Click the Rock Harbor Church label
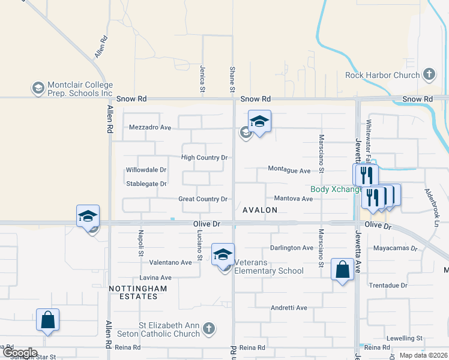[x=382, y=75]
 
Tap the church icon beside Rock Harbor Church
[x=429, y=74]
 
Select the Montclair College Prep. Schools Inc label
[x=73, y=89]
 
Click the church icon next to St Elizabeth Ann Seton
[x=208, y=328]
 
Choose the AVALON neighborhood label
[x=260, y=210]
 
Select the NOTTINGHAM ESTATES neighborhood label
[x=133, y=292]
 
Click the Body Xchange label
[x=336, y=189]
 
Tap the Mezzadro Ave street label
[x=150, y=127]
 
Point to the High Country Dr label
[x=205, y=158]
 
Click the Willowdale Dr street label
[x=146, y=170]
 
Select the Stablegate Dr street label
[x=146, y=184]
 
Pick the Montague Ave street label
[x=289, y=170]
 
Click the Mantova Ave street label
[x=293, y=198]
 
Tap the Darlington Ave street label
[x=292, y=247]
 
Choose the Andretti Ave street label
[x=289, y=308]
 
